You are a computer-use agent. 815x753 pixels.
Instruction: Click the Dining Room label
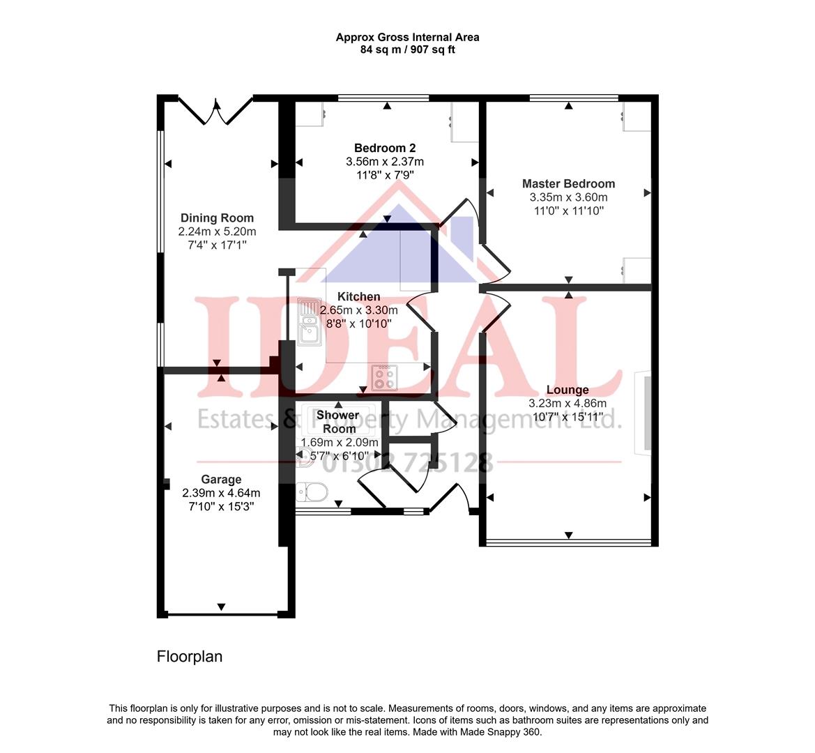[x=217, y=218]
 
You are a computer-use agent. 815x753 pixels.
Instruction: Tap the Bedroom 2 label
[x=385, y=148]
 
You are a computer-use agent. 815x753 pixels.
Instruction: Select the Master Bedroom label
[x=568, y=184]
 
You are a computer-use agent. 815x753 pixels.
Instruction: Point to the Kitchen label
[x=359, y=297]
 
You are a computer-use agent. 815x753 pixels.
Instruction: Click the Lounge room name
[x=568, y=390]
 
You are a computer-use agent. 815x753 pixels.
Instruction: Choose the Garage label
[x=221, y=479]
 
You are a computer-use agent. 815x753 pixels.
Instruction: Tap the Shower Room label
[x=338, y=422]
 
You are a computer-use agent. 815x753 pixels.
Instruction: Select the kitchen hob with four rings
[x=383, y=377]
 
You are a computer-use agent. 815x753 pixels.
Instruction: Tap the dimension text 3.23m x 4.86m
[x=568, y=403]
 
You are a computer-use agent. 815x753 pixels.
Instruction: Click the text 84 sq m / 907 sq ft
[x=407, y=50]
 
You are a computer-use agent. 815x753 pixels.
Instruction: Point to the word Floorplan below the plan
[x=190, y=657]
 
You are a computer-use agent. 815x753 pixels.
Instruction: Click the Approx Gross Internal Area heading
[x=407, y=38]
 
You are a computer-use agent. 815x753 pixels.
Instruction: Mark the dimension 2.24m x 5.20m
[x=217, y=231]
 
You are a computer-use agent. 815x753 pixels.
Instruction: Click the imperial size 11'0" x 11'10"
[x=568, y=210]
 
